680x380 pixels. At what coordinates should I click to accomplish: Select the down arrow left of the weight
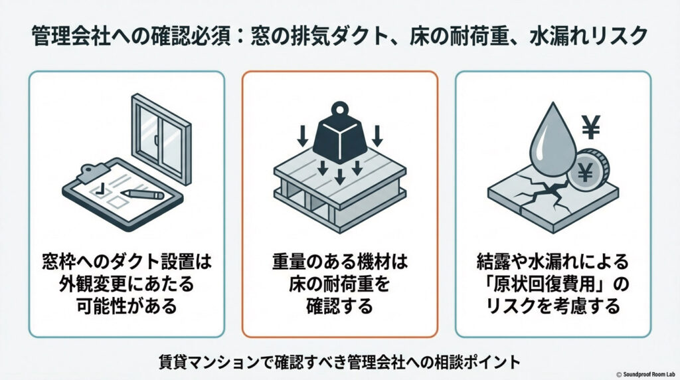point(301,136)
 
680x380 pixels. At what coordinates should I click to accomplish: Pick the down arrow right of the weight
point(377,136)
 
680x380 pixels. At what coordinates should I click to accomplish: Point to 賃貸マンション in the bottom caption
point(201,362)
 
